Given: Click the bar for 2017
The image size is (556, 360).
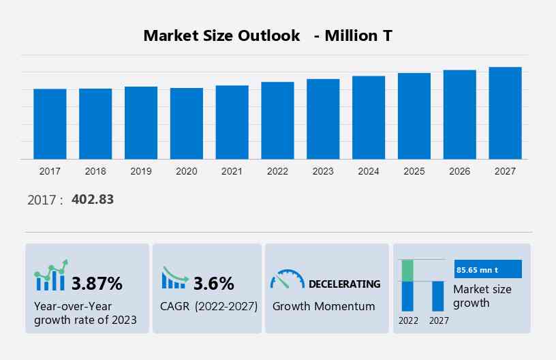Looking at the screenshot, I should click(50, 124).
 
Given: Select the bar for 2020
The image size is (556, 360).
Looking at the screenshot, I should click(187, 123).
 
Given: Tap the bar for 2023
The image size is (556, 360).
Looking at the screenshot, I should click(323, 119).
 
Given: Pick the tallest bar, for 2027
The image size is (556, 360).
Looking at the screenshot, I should click(505, 113).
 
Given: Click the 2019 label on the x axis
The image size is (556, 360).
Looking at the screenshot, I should click(141, 171).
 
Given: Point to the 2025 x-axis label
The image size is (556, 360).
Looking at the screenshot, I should click(414, 171).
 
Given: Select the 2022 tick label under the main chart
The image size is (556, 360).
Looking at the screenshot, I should click(277, 171).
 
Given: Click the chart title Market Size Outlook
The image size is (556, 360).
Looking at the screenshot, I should click(221, 36).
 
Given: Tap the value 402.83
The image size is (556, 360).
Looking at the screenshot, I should click(93, 200).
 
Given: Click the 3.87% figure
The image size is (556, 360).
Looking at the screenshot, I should click(97, 283).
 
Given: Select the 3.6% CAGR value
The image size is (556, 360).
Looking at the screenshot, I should click(213, 283).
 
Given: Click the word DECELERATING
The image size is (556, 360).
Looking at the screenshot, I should click(345, 284).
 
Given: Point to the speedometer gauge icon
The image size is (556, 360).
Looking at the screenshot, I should click(287, 280).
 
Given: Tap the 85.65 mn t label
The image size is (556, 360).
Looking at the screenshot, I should click(477, 270).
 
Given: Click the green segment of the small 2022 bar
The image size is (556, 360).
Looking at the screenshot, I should click(407, 270).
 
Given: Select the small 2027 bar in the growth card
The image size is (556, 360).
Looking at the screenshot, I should click(438, 295).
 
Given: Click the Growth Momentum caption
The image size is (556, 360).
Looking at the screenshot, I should click(324, 306).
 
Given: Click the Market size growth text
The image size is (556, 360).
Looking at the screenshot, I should click(482, 296).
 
